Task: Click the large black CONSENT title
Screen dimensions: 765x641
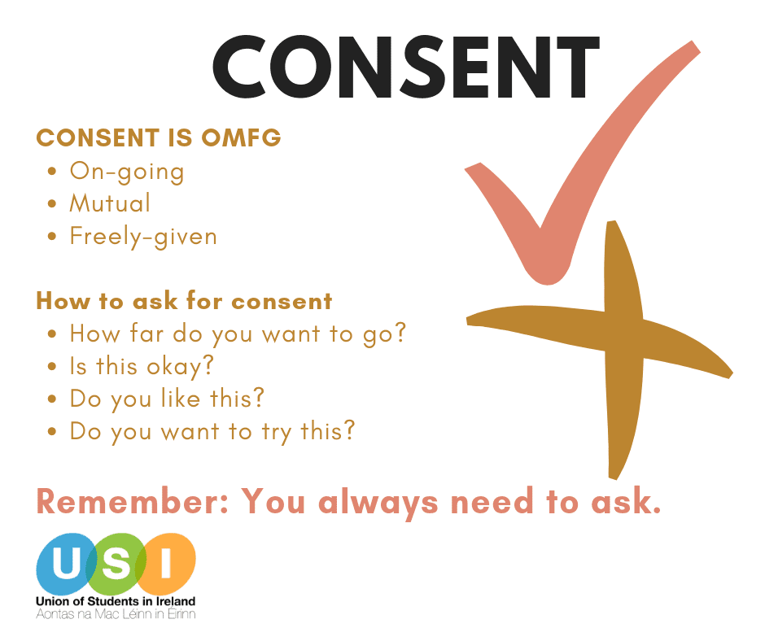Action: click(406, 68)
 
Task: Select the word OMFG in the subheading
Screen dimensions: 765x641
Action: click(241, 137)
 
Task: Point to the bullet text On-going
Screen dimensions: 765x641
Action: click(127, 172)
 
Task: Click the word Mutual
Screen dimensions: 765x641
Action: click(110, 203)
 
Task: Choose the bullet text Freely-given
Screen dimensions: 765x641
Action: click(143, 237)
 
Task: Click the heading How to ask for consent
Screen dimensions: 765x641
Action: click(184, 300)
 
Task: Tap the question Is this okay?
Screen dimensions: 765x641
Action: click(142, 367)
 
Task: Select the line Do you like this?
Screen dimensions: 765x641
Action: click(166, 399)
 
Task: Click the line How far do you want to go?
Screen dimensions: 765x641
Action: click(238, 334)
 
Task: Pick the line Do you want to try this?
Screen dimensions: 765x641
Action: click(212, 432)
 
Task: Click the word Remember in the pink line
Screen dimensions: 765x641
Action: click(133, 501)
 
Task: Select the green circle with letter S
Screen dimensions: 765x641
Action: click(116, 564)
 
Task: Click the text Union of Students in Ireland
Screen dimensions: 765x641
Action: click(116, 601)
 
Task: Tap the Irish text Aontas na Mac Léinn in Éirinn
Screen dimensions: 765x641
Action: click(116, 614)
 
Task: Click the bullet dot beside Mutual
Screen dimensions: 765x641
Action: click(52, 204)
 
